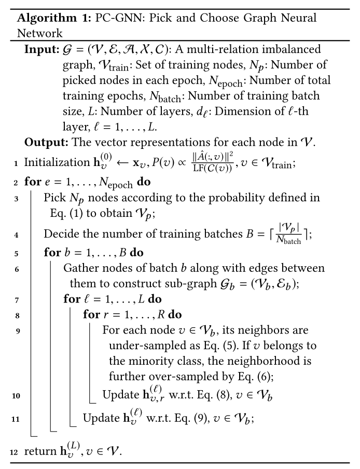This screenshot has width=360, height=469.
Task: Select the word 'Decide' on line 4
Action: point(59,233)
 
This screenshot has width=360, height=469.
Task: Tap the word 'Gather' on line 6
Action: point(79,268)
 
